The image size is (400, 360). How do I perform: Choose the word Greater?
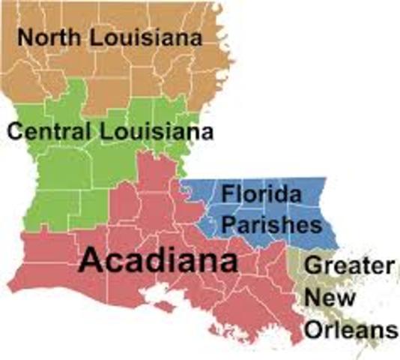[350, 265]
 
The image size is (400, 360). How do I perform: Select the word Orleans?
[350, 330]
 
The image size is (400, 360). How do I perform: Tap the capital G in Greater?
[315, 265]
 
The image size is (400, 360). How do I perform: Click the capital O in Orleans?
[313, 330]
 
